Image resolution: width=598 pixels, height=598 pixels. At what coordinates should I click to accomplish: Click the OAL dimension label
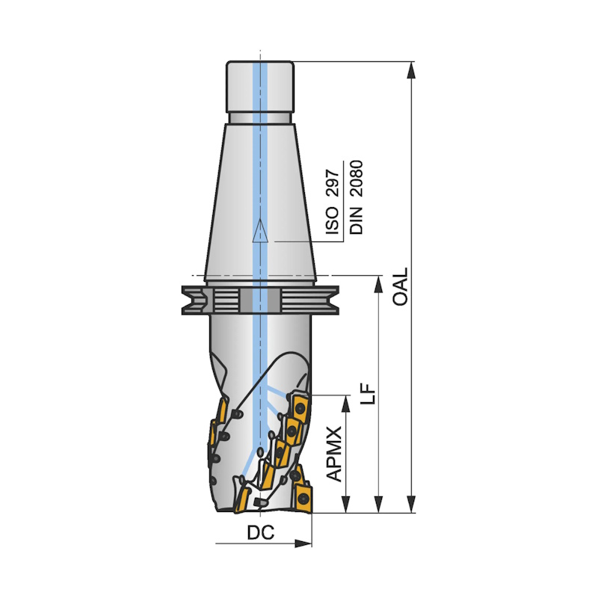(x=401, y=286)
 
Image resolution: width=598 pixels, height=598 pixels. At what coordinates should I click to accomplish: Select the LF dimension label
(x=369, y=393)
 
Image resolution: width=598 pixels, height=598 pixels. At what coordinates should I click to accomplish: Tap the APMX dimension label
(x=334, y=454)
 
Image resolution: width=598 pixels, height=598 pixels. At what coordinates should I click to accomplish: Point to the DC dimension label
(x=261, y=532)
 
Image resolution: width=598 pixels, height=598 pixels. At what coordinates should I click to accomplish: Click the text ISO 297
(x=333, y=202)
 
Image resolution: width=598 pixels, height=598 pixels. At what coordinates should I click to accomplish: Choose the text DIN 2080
(x=357, y=197)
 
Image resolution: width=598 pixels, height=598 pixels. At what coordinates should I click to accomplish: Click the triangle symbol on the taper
(x=260, y=230)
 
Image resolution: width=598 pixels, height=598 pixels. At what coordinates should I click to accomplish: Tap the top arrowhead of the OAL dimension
(x=411, y=70)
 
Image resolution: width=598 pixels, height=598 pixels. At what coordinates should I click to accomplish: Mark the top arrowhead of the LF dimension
(x=378, y=285)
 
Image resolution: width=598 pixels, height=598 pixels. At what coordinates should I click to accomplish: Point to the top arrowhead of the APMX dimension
(x=345, y=404)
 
